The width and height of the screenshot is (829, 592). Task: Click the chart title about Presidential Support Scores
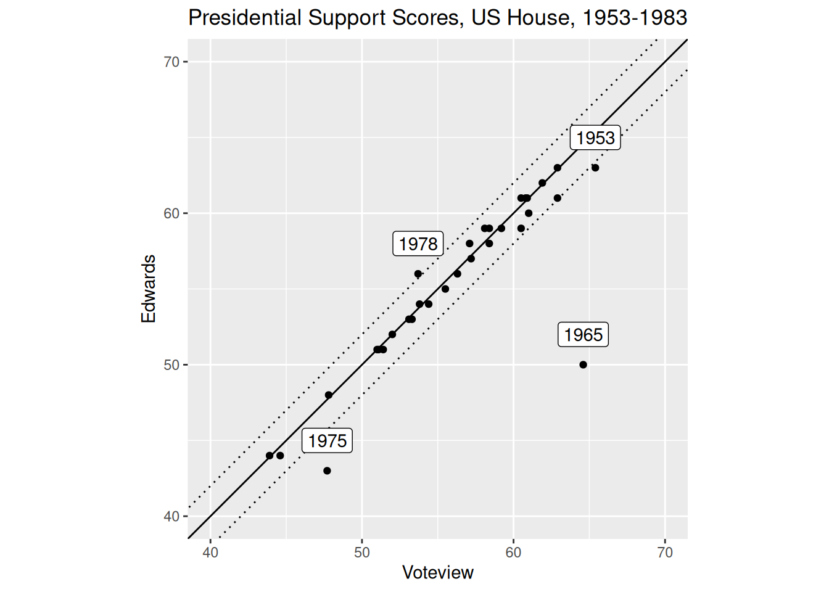click(x=437, y=17)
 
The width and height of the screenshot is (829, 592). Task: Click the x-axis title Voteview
click(x=437, y=572)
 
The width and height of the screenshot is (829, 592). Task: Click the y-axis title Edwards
click(x=148, y=289)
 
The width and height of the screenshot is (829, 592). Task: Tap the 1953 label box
click(x=595, y=138)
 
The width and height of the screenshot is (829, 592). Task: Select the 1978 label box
click(x=418, y=244)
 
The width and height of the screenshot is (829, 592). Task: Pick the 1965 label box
click(x=583, y=334)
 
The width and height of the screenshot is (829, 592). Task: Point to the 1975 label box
click(x=327, y=440)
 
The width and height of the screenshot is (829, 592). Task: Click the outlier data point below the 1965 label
click(x=583, y=364)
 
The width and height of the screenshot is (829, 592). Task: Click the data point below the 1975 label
click(x=327, y=471)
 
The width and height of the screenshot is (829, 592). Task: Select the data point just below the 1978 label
click(x=418, y=274)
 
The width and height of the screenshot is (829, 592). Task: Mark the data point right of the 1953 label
click(x=595, y=168)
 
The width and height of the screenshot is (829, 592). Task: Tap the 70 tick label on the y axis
click(x=171, y=62)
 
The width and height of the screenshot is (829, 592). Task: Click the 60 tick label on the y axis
click(x=171, y=213)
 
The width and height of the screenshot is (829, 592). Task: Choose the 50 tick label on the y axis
click(x=171, y=364)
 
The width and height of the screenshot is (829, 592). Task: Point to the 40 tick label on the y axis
click(x=171, y=516)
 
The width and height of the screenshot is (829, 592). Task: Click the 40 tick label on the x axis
click(x=210, y=553)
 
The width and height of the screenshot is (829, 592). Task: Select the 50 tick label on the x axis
click(x=362, y=553)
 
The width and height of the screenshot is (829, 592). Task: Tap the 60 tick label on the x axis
click(x=513, y=553)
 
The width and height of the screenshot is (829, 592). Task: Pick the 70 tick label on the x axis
click(x=665, y=553)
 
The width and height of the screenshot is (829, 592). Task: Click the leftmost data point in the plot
click(x=270, y=456)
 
